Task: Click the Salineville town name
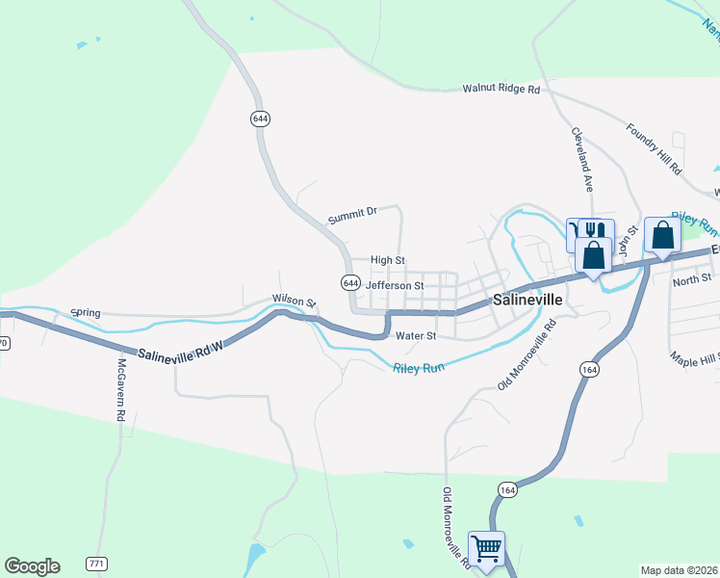[x=527, y=300]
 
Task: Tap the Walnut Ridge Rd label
[x=501, y=89]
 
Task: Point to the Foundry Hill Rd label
[x=654, y=148]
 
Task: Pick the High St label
[x=388, y=260]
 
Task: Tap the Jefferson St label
[x=395, y=285]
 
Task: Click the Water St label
[x=417, y=336]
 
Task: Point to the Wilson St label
[x=294, y=302]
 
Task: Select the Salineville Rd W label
[x=180, y=355]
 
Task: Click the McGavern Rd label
[x=122, y=391]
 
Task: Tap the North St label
[x=691, y=280]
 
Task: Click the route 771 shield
[x=95, y=563]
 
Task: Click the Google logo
[x=32, y=566]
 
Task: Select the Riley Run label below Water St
[x=419, y=367]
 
